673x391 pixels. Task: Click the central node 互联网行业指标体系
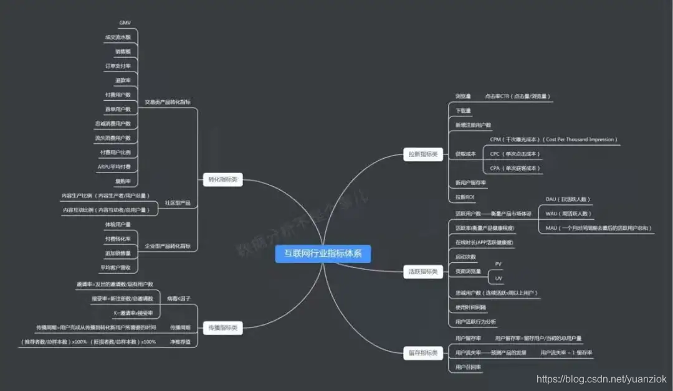click(323, 253)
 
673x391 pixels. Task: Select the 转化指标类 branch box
click(223, 180)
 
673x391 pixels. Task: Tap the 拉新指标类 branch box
click(422, 154)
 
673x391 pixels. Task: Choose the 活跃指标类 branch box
click(422, 271)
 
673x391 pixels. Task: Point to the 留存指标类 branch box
click(422, 353)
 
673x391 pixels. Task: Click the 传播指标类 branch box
click(223, 328)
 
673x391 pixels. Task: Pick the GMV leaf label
click(125, 23)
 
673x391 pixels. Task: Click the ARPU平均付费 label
click(114, 167)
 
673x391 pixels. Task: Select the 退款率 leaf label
click(123, 80)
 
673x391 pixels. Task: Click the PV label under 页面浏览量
click(498, 264)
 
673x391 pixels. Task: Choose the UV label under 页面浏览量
click(498, 278)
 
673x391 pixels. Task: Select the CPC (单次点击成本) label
click(515, 154)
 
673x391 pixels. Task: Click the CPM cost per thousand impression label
click(553, 139)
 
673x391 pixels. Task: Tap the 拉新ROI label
click(465, 197)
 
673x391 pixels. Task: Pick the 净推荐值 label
click(180, 342)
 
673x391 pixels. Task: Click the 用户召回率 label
click(468, 367)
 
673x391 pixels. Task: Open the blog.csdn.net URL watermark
click(601, 379)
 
